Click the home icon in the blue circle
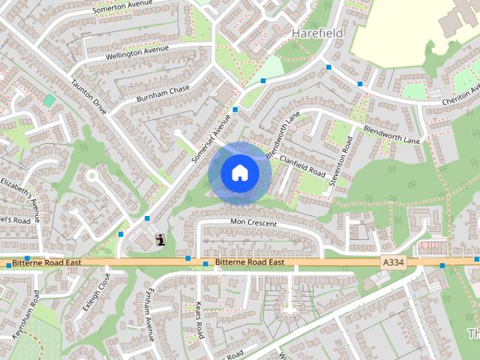coord(239,172)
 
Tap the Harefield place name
coord(316,34)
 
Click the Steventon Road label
coord(346,151)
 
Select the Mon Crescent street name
coord(253,223)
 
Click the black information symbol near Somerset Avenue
coord(159,240)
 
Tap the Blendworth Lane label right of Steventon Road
coord(394,133)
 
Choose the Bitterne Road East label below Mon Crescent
coord(250,262)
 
